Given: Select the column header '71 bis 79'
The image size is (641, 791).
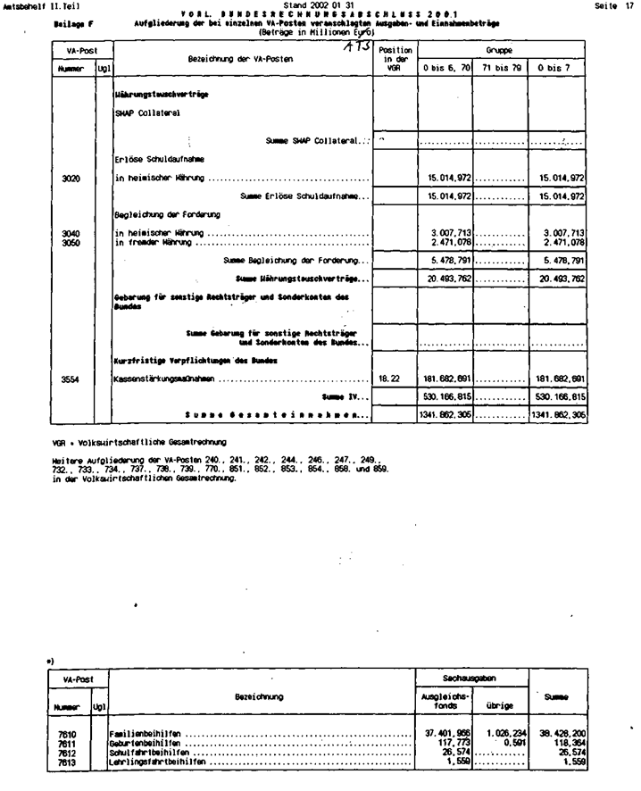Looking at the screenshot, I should click(x=500, y=67).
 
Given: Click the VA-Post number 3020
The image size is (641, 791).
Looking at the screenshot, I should click(x=71, y=179).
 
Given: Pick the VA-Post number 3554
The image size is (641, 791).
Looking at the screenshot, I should click(x=71, y=379).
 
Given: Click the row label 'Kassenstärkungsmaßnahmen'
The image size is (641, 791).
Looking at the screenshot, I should click(x=166, y=379).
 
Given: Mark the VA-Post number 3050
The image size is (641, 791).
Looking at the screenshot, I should click(x=71, y=242).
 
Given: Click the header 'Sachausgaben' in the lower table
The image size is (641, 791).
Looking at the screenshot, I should click(x=473, y=679).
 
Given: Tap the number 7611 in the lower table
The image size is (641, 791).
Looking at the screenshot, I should click(x=71, y=742).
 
